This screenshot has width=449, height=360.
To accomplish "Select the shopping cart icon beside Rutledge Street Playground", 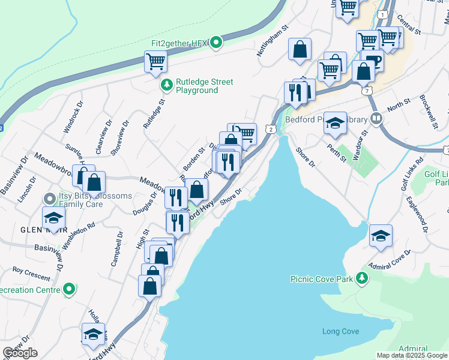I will tap(155, 61).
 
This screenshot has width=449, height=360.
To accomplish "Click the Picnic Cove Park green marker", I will tap(361, 278).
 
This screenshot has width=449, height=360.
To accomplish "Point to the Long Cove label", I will tap(340, 332).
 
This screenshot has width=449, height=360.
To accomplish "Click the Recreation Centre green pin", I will tap(70, 290).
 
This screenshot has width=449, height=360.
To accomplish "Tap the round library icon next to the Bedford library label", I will tap(376, 118).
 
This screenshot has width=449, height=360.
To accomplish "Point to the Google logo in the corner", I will tap(20, 353).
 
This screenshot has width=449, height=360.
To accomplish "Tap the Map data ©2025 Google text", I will tap(412, 355).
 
